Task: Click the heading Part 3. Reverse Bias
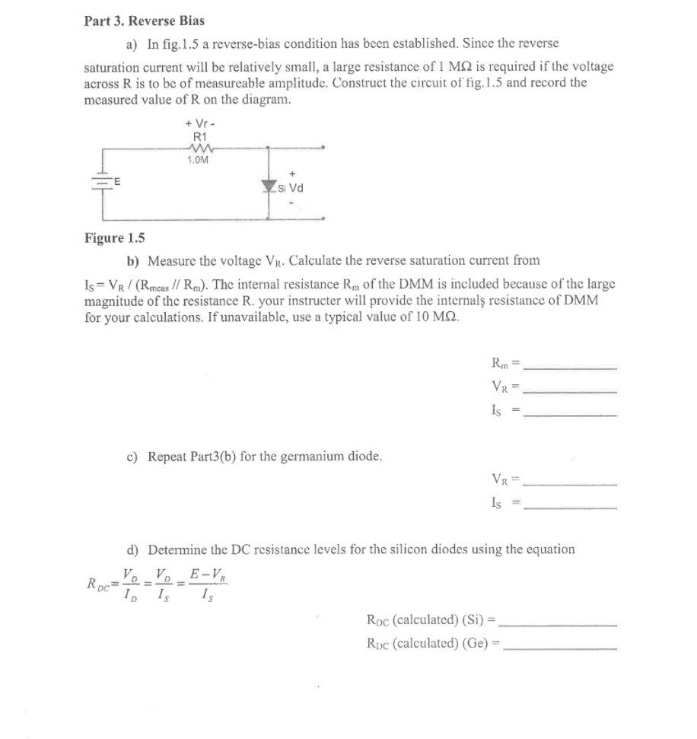pos(144,21)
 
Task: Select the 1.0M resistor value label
pos(199,160)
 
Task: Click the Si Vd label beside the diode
pos(291,188)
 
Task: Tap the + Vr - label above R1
pos(197,123)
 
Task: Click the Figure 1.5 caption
pos(114,238)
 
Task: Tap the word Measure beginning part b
pos(171,261)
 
